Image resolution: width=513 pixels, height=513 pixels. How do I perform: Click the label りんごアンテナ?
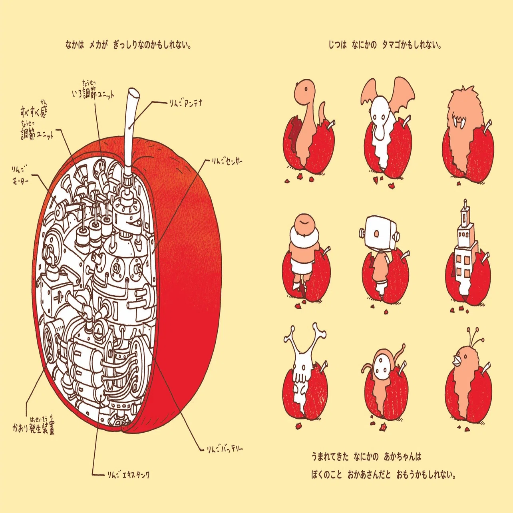point(186,103)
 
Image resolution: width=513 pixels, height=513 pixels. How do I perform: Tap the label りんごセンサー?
point(227,161)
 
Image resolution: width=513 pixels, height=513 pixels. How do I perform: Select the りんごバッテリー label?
point(225,449)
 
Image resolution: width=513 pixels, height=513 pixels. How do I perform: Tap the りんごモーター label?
point(20,175)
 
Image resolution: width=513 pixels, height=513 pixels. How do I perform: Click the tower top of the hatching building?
point(465,213)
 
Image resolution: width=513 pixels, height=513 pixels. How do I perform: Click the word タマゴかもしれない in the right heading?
point(411,45)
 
